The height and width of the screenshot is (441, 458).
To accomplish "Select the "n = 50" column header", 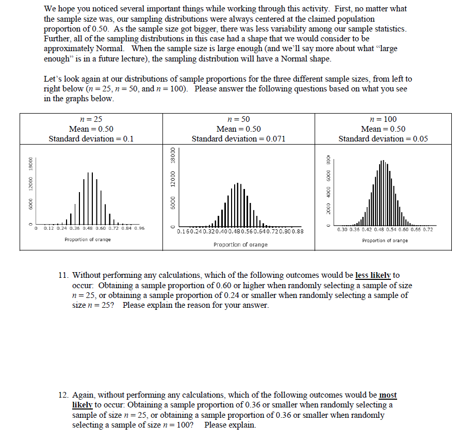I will [x=238, y=119].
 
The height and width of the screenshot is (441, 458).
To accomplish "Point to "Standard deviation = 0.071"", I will [x=238, y=138].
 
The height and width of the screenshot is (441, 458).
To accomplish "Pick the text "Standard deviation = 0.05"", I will [x=383, y=138].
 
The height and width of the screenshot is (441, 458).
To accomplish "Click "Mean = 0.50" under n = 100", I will [x=383, y=129].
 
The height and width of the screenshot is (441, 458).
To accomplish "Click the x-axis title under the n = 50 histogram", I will [x=240, y=244].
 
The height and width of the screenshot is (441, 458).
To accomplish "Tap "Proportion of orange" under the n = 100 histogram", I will [x=385, y=241].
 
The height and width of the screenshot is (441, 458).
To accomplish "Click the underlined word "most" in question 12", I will [x=388, y=395].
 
